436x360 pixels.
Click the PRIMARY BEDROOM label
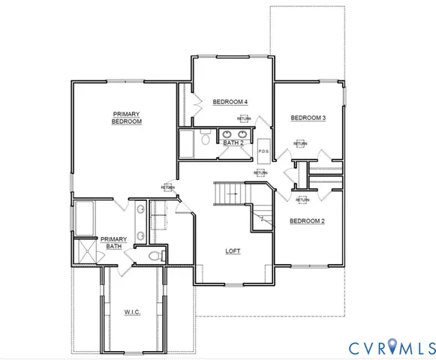127,118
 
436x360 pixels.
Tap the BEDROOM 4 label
230,102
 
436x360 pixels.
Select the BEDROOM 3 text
308,118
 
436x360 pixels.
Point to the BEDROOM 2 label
308,220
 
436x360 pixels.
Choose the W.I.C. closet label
133,311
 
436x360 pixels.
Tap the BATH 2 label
233,141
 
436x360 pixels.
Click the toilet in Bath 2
205,138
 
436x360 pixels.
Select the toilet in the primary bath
155,256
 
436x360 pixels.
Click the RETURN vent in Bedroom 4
244,118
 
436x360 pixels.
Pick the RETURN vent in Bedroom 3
300,143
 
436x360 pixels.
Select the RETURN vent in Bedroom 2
302,199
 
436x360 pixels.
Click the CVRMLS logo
392,346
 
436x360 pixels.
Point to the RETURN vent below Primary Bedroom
167,187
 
